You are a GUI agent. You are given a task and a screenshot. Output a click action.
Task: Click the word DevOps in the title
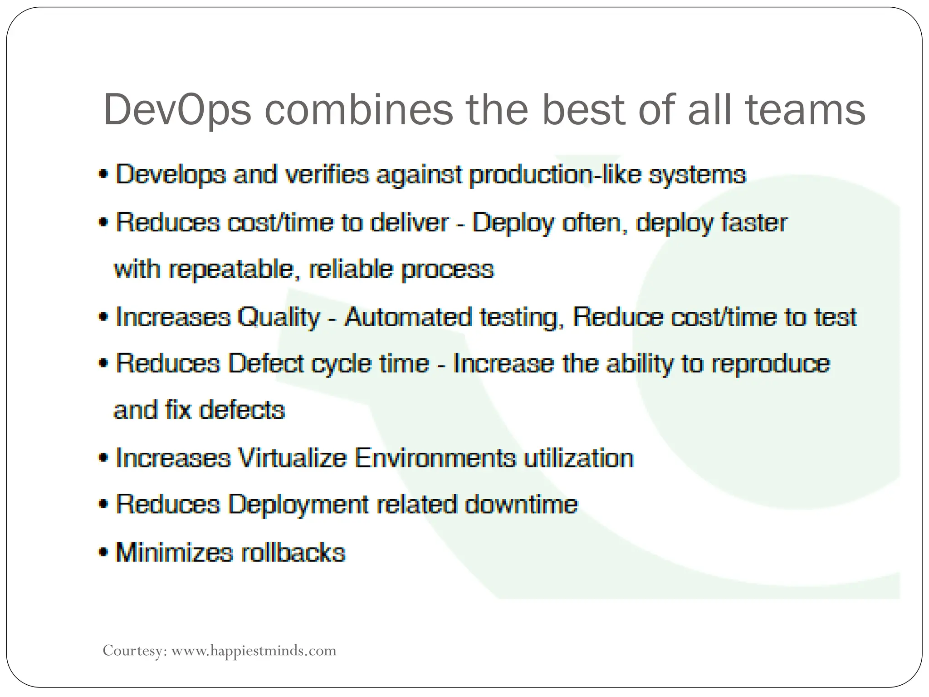tap(177, 110)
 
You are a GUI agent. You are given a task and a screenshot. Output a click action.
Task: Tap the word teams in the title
tap(806, 109)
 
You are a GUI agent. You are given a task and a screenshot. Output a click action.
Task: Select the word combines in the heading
tap(359, 109)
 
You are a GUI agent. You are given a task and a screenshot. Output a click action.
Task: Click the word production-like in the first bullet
tap(555, 175)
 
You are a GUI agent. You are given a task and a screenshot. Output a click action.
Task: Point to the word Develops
tap(171, 175)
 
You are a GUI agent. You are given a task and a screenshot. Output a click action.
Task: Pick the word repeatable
tap(234, 270)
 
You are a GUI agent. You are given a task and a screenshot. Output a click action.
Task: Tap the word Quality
tap(279, 317)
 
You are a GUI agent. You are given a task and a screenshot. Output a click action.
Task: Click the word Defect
tap(266, 363)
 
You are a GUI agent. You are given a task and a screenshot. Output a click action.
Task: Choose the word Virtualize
tap(292, 457)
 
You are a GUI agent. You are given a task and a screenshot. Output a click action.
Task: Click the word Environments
tap(435, 457)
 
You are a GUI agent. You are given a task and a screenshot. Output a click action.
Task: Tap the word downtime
tap(521, 504)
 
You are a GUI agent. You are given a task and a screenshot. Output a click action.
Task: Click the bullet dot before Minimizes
tap(104, 553)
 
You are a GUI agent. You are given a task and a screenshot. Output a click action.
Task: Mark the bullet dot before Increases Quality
tap(104, 317)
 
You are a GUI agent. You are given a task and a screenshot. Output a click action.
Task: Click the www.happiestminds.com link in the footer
tap(254, 651)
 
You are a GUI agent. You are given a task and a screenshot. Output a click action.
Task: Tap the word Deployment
tap(298, 505)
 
